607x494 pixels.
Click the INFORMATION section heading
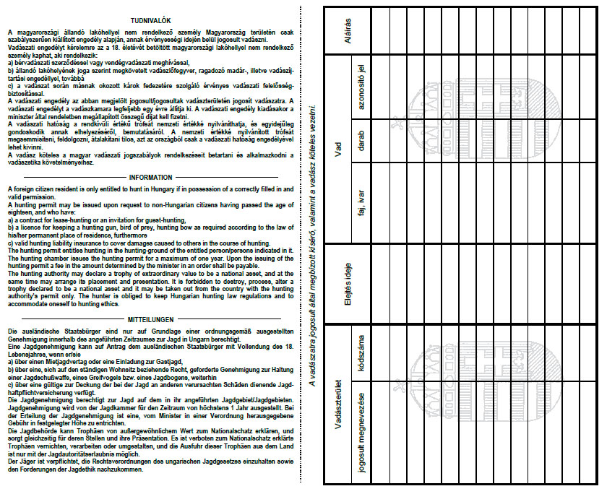pos(150,177)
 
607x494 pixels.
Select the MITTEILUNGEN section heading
pos(150,319)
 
